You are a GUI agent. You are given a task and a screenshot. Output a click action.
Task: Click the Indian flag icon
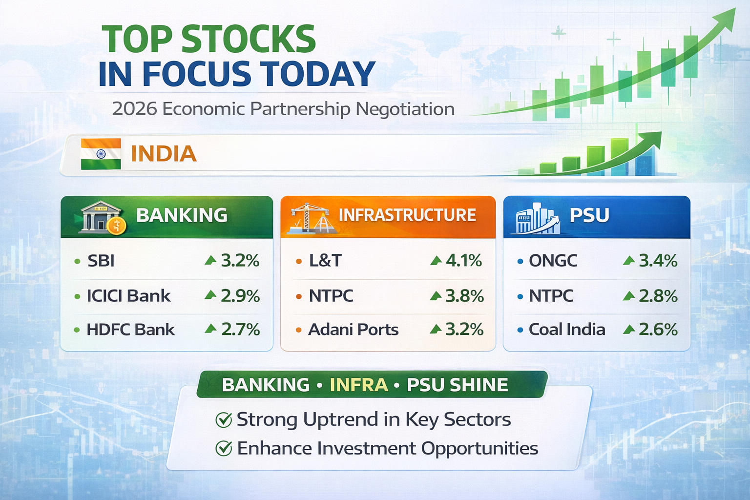coord(101,154)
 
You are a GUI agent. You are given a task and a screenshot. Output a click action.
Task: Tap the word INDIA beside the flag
coord(164,154)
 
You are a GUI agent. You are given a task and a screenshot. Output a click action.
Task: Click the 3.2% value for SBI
coord(240,261)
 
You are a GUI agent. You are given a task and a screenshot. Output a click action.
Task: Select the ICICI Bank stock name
coord(128,296)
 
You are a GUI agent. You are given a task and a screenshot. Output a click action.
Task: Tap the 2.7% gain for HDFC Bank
coord(240,330)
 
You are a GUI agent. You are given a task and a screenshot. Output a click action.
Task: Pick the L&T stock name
coord(325,261)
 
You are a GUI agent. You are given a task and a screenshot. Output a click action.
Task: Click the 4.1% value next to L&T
coord(463,261)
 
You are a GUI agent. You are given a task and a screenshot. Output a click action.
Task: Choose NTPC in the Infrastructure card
coord(331,296)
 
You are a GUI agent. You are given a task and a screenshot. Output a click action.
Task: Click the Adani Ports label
coord(353,330)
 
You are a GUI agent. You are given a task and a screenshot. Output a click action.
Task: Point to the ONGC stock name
coord(553,261)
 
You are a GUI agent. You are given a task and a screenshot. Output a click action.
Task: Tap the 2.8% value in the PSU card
coord(658,296)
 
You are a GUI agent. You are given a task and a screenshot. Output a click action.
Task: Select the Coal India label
coord(567,330)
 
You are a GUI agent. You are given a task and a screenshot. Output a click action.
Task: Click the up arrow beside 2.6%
coord(629,330)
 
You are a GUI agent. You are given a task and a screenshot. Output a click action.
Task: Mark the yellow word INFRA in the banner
coord(359,385)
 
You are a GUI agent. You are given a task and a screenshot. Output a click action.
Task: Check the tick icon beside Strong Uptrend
coord(224,420)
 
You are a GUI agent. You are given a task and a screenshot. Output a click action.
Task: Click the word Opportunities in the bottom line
coord(479,449)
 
